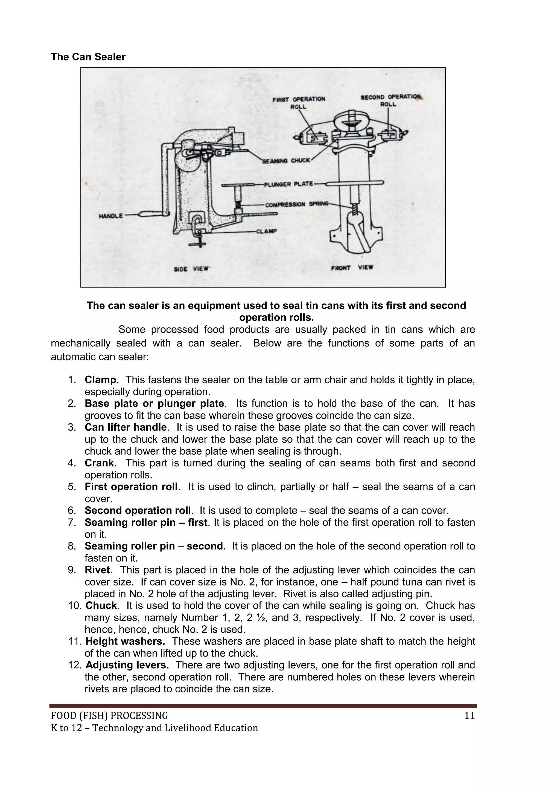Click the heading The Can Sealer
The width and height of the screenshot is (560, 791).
click(88, 57)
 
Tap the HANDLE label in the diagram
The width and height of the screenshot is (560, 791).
click(111, 216)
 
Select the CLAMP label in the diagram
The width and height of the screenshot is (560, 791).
click(266, 231)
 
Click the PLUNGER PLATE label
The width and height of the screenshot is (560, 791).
click(288, 184)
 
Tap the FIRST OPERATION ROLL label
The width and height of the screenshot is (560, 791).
click(299, 103)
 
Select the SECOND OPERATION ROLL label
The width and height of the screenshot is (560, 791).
click(391, 100)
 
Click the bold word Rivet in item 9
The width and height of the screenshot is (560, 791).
click(97, 570)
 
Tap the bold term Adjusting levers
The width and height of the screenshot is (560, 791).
click(127, 665)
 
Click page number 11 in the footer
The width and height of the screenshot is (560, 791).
click(469, 716)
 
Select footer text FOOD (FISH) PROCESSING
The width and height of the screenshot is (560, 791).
click(110, 716)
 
